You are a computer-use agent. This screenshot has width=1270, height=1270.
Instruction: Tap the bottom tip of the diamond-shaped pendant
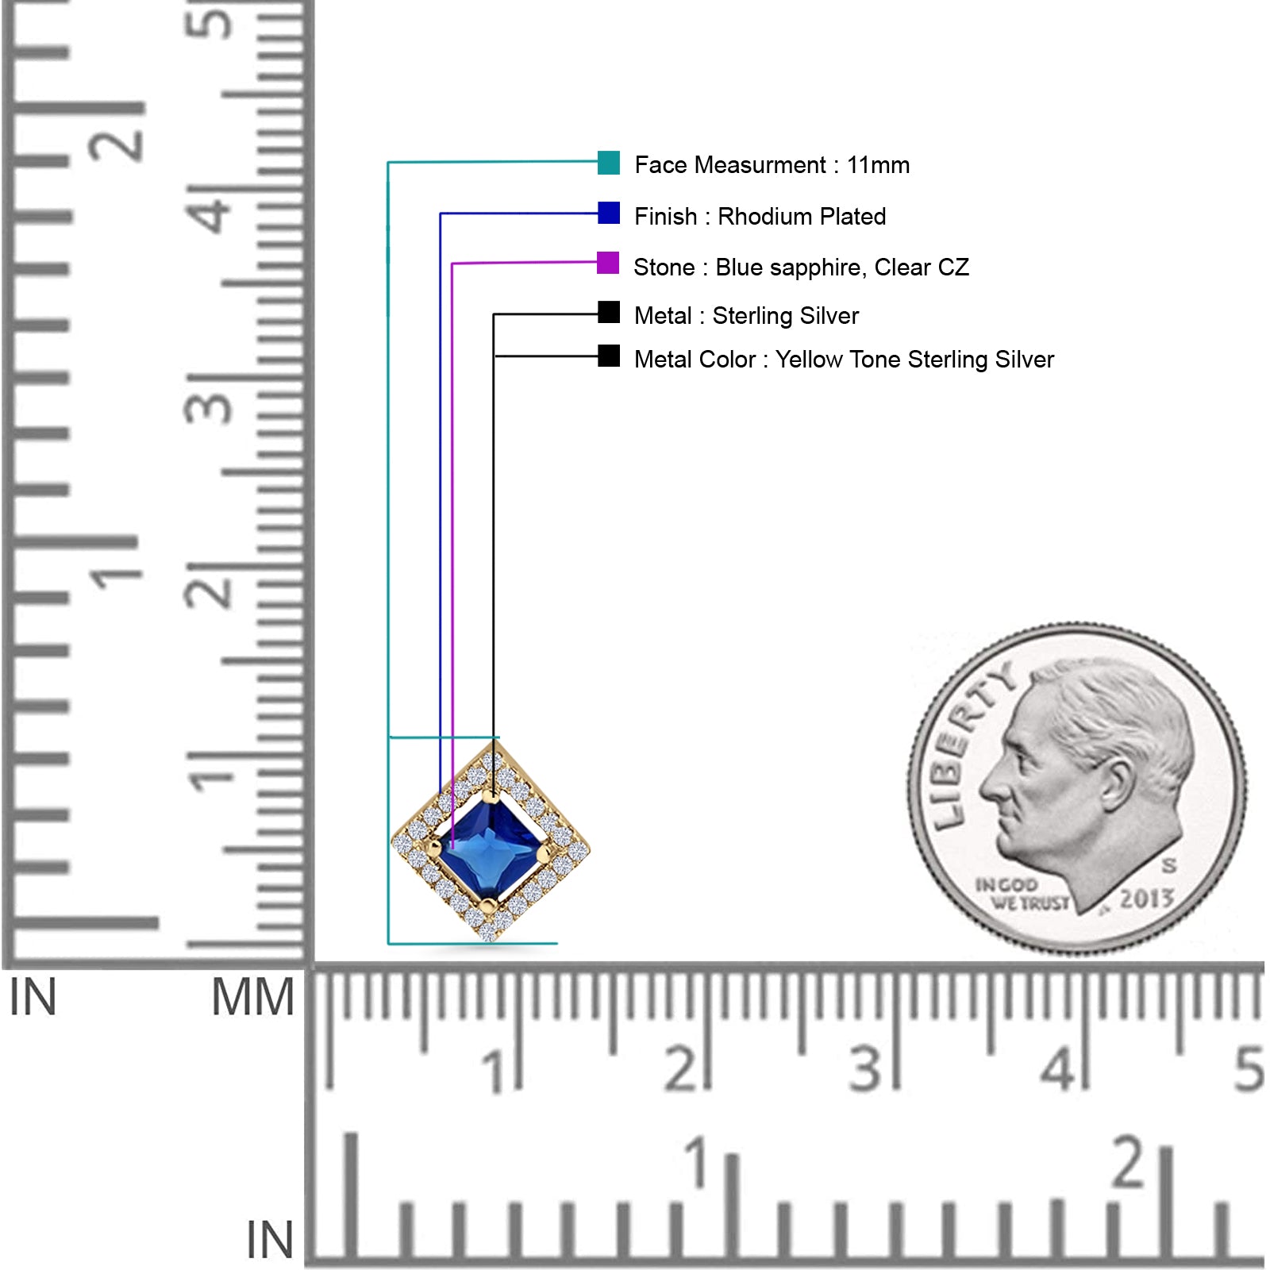(490, 941)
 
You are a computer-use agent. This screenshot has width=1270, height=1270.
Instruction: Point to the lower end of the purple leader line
(452, 849)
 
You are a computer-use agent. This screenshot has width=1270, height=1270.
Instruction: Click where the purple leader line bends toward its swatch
(452, 264)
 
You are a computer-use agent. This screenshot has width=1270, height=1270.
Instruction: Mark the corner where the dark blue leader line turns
(441, 214)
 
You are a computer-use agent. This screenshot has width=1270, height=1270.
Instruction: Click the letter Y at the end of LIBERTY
(1003, 678)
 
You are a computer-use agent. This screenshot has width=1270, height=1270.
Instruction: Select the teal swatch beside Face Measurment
(609, 163)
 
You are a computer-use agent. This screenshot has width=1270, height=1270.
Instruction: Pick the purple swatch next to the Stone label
(608, 263)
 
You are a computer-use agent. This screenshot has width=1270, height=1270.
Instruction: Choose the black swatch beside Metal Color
(609, 356)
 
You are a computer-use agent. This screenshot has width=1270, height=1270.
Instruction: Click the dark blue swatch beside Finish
(609, 213)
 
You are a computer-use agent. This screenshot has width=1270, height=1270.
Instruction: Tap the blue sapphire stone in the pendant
(491, 849)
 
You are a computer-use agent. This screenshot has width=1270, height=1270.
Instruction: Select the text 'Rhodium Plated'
(802, 216)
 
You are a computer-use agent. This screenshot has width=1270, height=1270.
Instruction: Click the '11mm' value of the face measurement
(878, 165)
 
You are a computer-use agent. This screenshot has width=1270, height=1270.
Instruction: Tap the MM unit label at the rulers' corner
(252, 997)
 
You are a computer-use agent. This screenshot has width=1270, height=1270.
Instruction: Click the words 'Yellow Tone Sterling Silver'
(914, 360)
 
